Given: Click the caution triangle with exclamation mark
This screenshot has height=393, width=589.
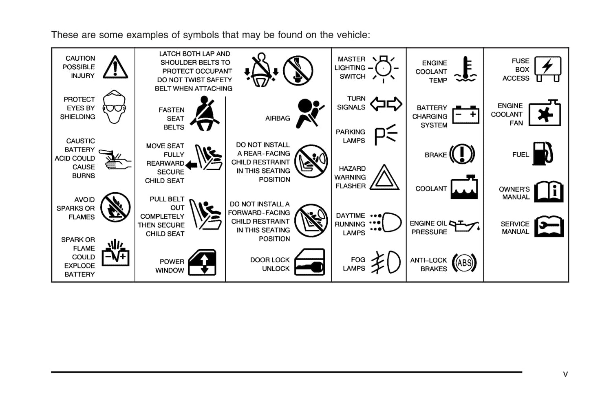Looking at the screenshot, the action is click(x=115, y=67).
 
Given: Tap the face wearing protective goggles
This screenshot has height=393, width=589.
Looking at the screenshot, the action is click(x=114, y=107).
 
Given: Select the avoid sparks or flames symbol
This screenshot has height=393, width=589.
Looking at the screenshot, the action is click(x=115, y=207).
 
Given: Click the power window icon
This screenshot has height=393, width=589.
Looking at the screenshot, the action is click(x=202, y=262).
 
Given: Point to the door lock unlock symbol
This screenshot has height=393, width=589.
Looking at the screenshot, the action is click(x=310, y=262).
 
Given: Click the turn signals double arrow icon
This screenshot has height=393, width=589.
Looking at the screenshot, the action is click(x=386, y=104).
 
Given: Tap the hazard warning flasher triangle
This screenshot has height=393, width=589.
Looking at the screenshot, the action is click(x=384, y=177).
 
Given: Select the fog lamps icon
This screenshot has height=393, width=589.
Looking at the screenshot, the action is click(x=386, y=262).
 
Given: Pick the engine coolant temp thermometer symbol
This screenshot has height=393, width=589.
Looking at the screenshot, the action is click(x=465, y=69).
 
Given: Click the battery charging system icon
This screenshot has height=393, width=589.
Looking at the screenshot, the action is click(x=465, y=114).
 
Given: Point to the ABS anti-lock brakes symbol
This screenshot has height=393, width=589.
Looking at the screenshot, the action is click(x=464, y=263).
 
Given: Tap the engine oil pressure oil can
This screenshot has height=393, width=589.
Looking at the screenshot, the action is click(x=464, y=226).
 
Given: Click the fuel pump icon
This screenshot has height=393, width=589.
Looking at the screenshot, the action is click(x=543, y=154).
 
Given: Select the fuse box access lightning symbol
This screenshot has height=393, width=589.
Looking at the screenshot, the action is click(x=548, y=69).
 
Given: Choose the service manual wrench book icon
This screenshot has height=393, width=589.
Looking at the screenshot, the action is click(x=549, y=226).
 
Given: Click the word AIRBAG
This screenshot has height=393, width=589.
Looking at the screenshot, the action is click(x=278, y=119).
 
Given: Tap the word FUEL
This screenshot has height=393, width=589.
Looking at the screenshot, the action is click(x=521, y=154).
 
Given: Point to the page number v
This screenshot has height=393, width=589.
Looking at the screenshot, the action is click(x=565, y=374).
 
